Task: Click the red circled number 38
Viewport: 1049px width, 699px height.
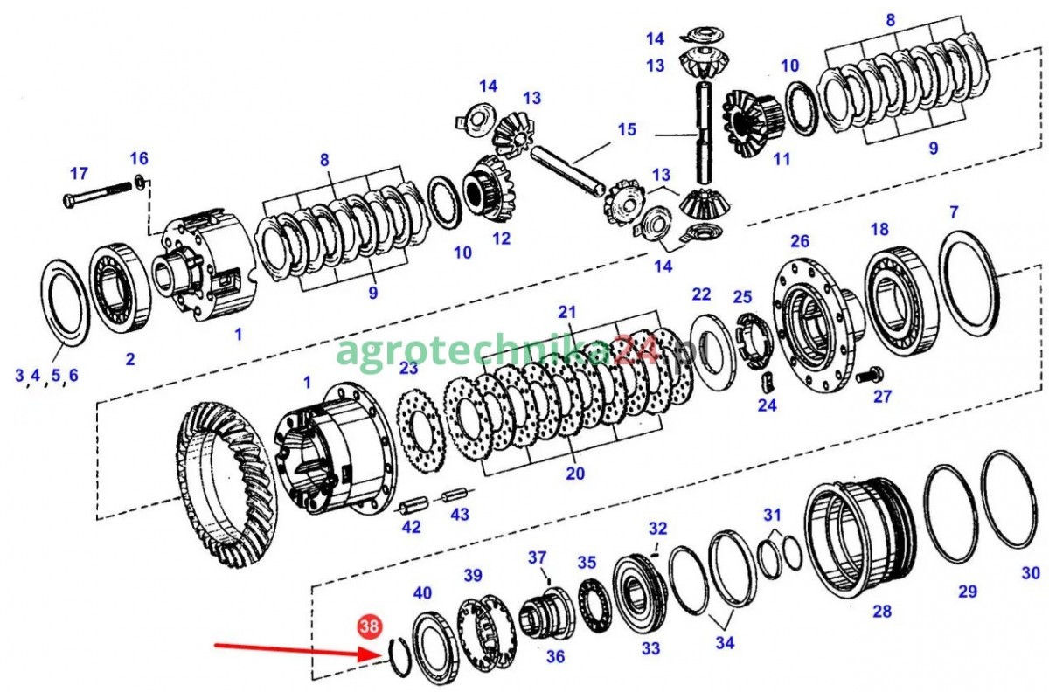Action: (x=370, y=626)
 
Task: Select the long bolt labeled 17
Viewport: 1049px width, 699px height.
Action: (x=97, y=193)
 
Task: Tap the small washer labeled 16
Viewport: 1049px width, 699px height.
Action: (x=140, y=182)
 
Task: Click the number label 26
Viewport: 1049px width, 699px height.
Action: (x=799, y=241)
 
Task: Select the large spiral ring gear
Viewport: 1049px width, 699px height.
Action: (x=227, y=485)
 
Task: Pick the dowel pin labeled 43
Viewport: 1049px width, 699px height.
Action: (x=455, y=495)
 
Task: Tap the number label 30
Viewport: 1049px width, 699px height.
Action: (x=1031, y=572)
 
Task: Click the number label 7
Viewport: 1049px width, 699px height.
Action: (x=954, y=212)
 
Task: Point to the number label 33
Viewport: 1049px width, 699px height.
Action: (x=650, y=648)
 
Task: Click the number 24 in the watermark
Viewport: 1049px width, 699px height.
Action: (x=637, y=351)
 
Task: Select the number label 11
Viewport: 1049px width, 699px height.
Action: (x=782, y=159)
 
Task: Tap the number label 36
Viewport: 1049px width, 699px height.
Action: (x=555, y=656)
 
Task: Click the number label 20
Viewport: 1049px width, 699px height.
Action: (x=575, y=474)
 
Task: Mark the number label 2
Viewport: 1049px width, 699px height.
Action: (x=130, y=359)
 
